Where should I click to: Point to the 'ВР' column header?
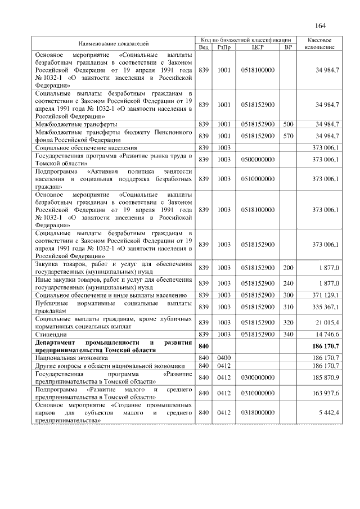(x=288, y=47)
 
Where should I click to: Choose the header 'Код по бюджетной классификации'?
(x=246, y=40)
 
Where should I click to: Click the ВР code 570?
(x=288, y=136)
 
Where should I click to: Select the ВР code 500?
(x=288, y=123)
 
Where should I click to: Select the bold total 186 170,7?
(x=322, y=346)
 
